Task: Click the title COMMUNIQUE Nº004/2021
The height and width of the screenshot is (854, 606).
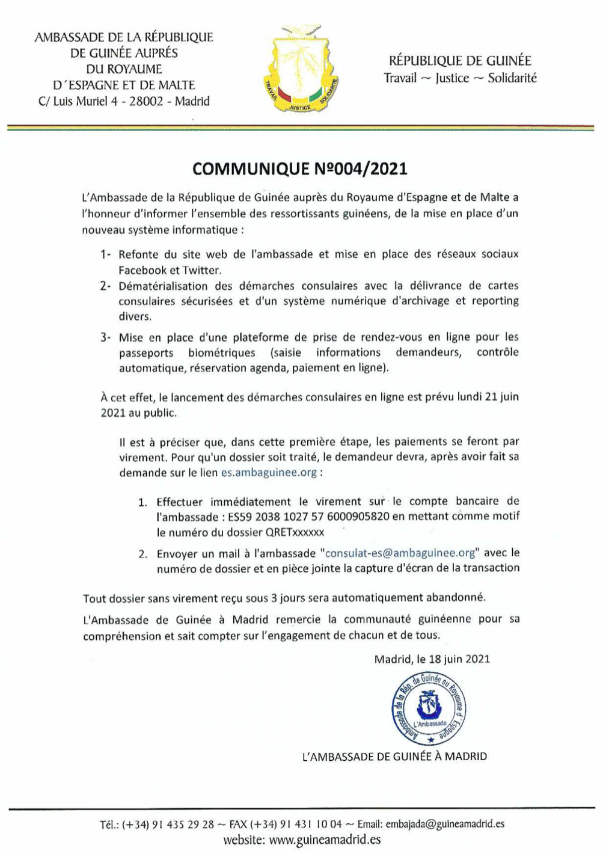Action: (x=299, y=168)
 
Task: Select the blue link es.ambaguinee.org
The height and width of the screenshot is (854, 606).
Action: (x=269, y=472)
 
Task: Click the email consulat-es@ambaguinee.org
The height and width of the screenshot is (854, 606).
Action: (x=400, y=553)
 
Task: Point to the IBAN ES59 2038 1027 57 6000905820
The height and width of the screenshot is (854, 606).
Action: (x=308, y=517)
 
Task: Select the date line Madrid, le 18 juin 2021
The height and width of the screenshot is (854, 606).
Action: (x=432, y=659)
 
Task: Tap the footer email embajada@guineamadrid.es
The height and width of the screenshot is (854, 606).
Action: (x=444, y=824)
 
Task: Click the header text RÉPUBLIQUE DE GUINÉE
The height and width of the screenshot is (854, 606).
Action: (x=460, y=61)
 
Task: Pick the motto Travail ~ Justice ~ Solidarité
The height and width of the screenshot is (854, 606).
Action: (x=460, y=78)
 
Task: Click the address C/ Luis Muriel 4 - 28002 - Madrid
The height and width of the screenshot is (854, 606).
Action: (x=124, y=101)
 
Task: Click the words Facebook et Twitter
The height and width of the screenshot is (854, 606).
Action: (x=170, y=270)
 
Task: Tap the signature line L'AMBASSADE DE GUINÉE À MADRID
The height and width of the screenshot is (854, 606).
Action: (x=394, y=757)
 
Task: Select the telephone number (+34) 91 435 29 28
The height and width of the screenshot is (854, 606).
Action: (x=168, y=824)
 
